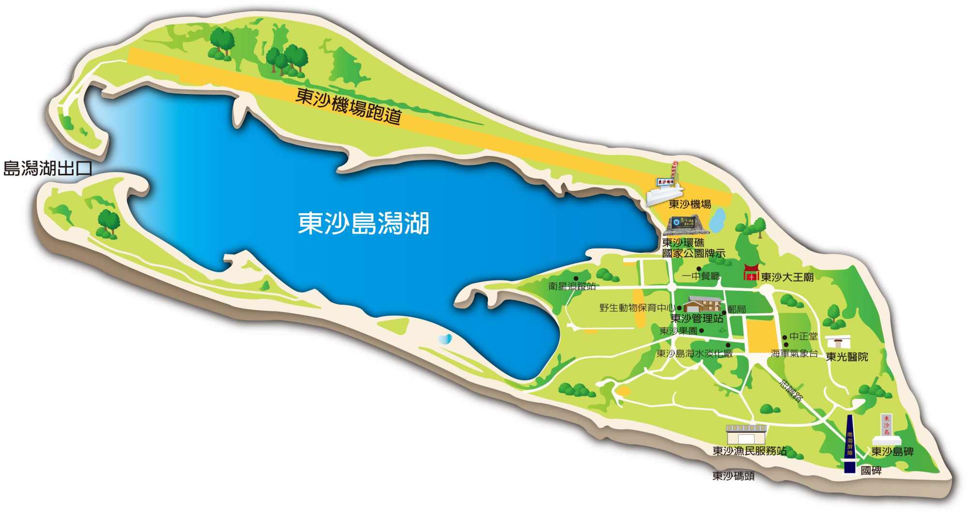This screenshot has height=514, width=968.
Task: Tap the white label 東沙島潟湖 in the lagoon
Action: click(x=363, y=223)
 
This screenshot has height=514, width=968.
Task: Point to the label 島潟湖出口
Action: click(x=47, y=168)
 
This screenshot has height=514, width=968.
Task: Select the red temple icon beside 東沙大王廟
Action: click(x=751, y=273)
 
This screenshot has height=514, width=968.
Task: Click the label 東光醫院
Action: click(x=847, y=357)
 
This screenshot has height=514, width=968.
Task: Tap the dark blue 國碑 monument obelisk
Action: click(x=850, y=443)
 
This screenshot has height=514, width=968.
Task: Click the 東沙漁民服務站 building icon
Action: click(x=746, y=435)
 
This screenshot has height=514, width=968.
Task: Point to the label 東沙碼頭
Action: click(x=733, y=476)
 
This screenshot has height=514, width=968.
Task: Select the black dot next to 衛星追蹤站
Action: click(x=576, y=279)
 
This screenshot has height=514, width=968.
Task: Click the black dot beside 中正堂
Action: click(x=785, y=338)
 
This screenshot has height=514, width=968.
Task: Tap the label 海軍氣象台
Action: click(x=794, y=354)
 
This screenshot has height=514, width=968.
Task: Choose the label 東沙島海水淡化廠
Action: click(x=694, y=354)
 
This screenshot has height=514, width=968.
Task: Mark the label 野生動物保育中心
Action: click(x=637, y=308)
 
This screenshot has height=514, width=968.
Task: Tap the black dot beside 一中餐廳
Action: click(x=699, y=269)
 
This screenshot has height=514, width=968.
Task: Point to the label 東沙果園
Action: click(x=678, y=331)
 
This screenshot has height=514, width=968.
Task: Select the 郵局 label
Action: click(x=736, y=309)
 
